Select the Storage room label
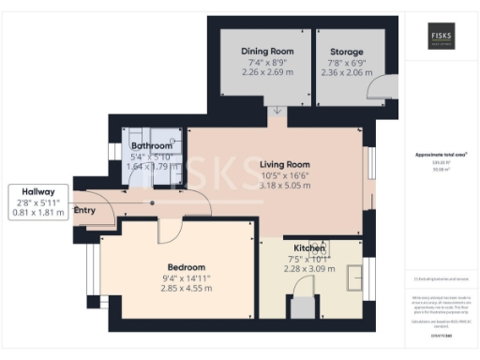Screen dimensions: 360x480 pos(339,51)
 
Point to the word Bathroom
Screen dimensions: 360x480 pos(152,145)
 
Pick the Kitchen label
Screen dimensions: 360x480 pos(309,248)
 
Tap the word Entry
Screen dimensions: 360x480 pos(84,210)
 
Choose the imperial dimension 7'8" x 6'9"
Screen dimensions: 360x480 pos(339,61)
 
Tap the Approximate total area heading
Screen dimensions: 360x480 pos(441,155)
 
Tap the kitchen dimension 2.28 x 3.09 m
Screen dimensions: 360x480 pos(309,269)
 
